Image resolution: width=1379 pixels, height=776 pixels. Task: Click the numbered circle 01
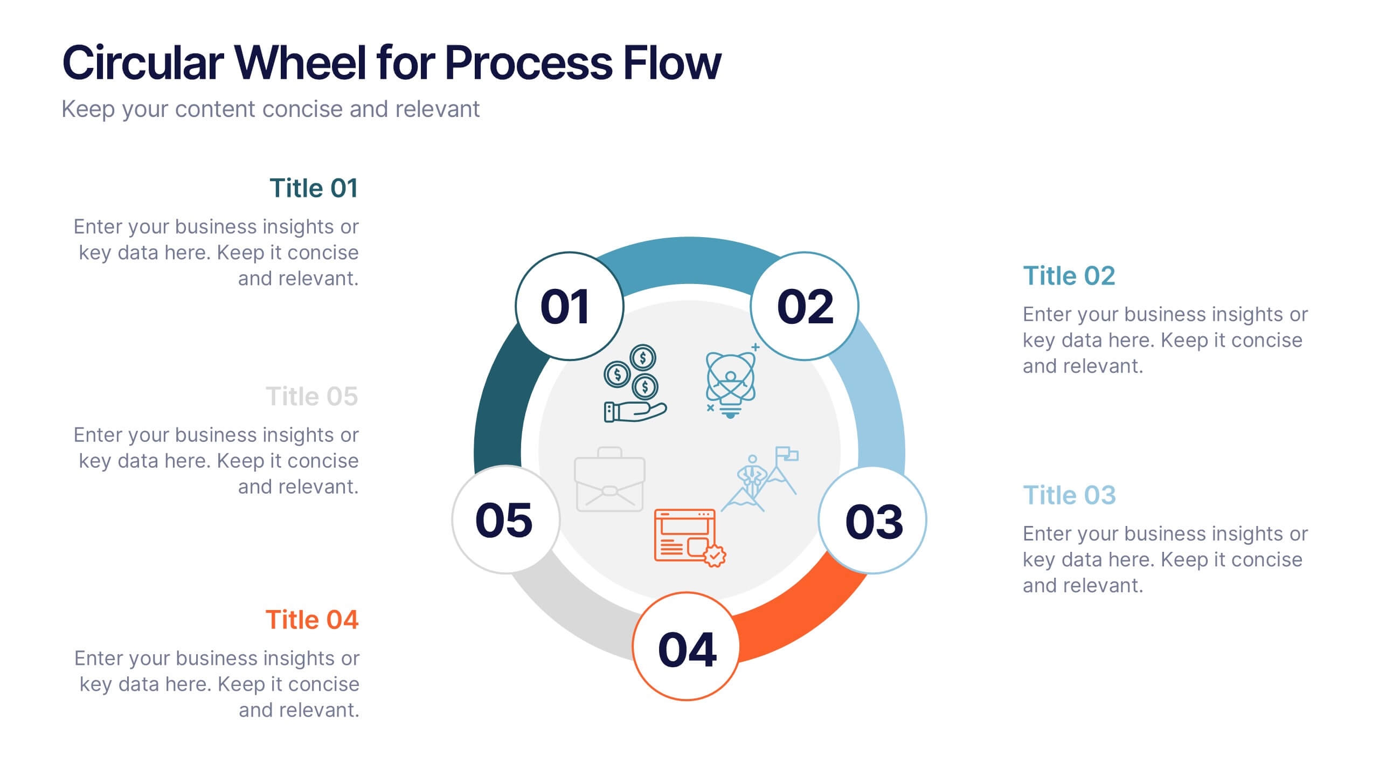click(569, 306)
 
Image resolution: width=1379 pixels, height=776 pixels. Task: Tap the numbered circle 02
click(805, 306)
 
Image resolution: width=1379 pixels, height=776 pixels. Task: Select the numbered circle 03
click(872, 520)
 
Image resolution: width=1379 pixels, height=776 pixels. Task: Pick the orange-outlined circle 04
click(686, 647)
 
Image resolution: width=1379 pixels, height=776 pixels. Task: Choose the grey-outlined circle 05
click(505, 520)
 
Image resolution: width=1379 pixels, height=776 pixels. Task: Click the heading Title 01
click(314, 189)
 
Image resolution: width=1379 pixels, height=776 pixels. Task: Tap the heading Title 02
click(1069, 276)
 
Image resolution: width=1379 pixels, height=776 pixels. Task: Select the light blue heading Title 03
click(1069, 495)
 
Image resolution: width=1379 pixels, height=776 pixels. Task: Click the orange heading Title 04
click(311, 620)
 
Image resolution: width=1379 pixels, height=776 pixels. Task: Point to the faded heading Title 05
click(311, 397)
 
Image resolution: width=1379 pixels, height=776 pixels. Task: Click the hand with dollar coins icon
click(634, 384)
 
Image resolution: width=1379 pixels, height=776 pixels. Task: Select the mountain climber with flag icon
click(760, 479)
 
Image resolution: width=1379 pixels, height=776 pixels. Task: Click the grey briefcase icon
click(609, 480)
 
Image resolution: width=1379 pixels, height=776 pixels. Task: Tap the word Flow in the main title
click(671, 63)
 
